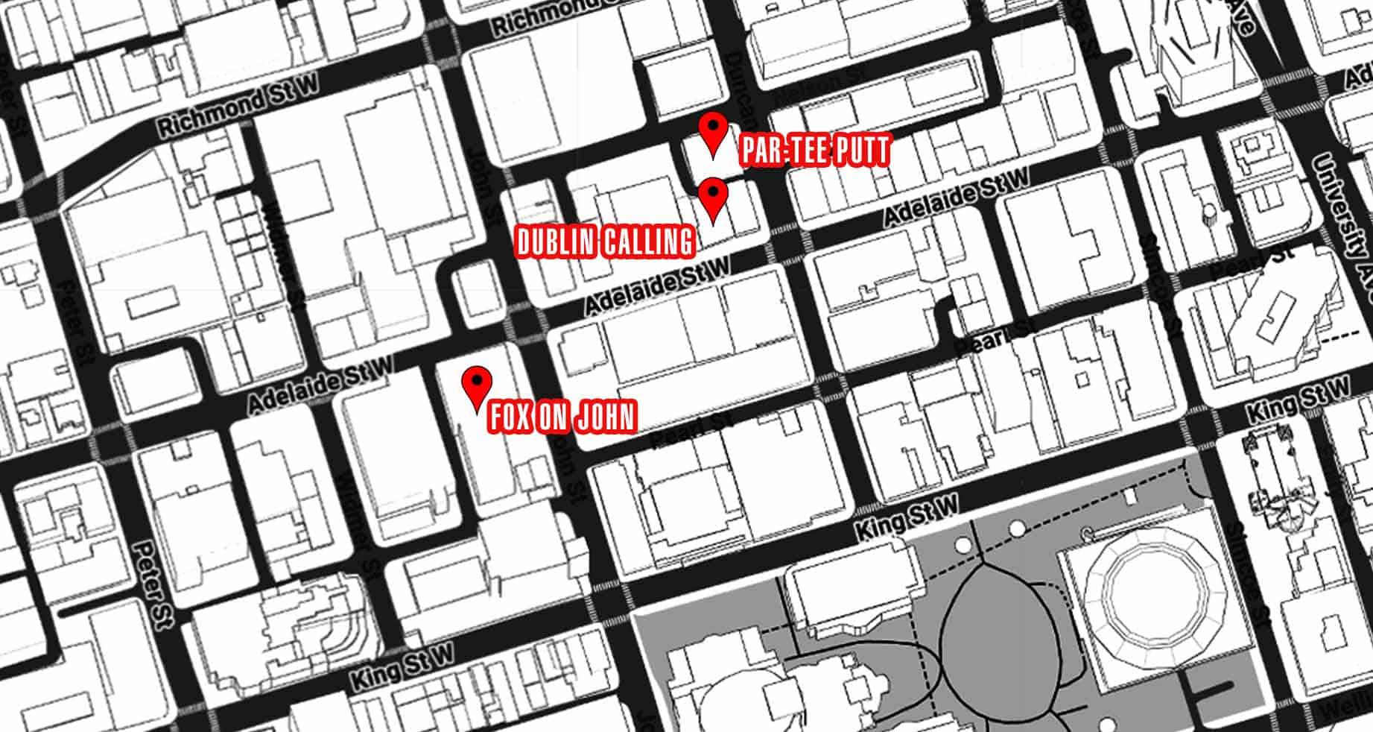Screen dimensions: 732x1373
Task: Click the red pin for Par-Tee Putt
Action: click(x=714, y=132)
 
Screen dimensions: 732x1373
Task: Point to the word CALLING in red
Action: click(x=647, y=242)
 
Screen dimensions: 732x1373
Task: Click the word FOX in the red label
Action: click(x=510, y=417)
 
